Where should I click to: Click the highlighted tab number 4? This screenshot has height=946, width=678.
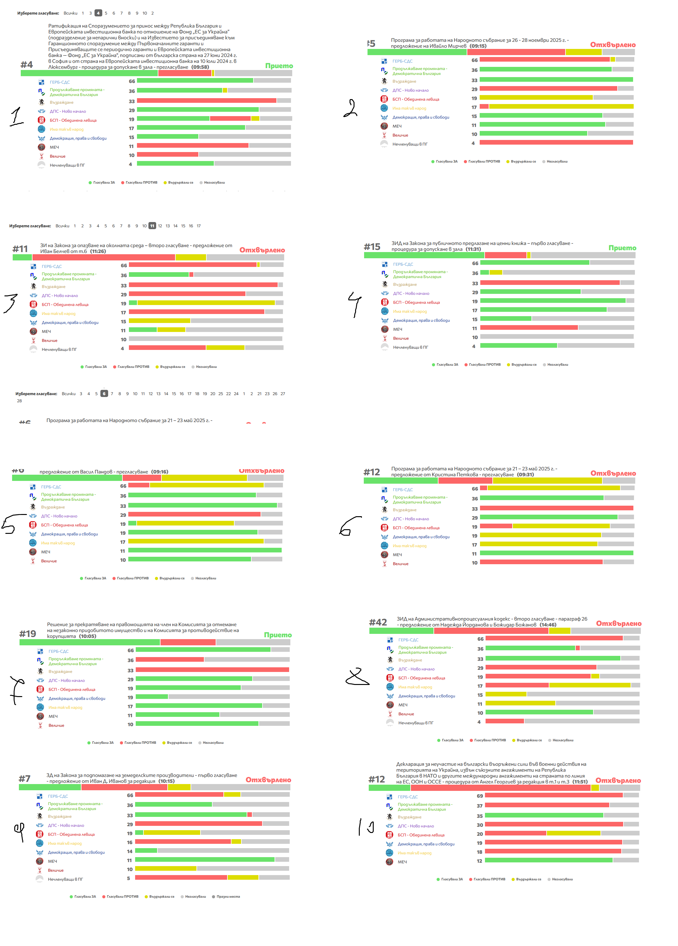(98, 13)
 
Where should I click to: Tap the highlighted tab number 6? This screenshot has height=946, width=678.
(104, 394)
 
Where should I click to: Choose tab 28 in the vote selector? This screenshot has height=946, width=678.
(19, 401)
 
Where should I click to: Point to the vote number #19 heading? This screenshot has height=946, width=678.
(28, 634)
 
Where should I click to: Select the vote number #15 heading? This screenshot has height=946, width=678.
(372, 247)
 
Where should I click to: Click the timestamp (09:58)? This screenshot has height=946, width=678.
(200, 67)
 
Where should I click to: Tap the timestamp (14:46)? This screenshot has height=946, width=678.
(548, 625)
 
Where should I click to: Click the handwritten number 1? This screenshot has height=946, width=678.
(17, 116)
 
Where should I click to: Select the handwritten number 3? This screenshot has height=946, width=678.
(11, 303)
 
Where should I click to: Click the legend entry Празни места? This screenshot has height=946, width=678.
(228, 897)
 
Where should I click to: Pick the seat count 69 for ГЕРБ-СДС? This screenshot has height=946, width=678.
(480, 796)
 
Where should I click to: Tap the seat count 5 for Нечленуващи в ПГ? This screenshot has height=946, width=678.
(129, 878)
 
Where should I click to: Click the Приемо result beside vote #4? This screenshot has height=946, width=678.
(279, 66)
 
